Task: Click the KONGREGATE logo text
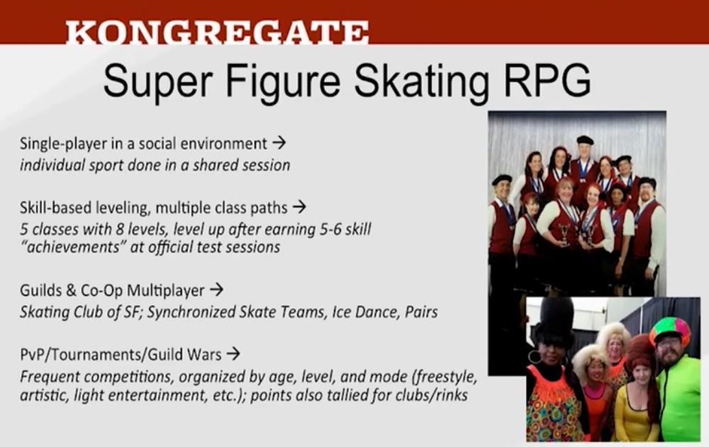coord(217,33)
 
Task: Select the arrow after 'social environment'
coord(279,143)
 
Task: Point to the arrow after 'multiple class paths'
coord(299,207)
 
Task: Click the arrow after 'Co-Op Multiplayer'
coord(216,289)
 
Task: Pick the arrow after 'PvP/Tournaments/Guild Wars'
coord(233,353)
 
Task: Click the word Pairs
coord(421,312)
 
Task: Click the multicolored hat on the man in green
coord(670,329)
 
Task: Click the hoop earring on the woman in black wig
coord(535,356)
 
